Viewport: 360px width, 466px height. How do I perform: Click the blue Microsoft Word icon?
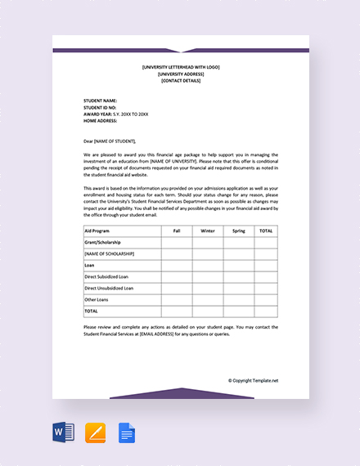click(64, 432)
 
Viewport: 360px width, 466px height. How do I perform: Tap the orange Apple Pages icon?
click(95, 432)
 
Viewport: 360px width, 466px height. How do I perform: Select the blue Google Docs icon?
click(126, 432)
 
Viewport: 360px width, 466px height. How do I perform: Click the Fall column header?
click(177, 231)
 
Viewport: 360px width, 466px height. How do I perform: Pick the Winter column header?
click(208, 231)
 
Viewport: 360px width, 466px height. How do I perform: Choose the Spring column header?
click(238, 231)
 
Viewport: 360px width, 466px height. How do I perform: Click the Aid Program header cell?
click(98, 231)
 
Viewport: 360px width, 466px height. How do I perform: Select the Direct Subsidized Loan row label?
click(107, 277)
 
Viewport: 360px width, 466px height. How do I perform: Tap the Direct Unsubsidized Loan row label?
click(110, 289)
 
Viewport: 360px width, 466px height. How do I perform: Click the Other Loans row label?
click(97, 299)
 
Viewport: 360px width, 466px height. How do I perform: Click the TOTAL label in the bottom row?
click(91, 311)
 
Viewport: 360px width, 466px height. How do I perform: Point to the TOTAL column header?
click(266, 231)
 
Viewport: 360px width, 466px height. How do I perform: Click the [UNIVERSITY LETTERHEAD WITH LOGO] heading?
click(181, 67)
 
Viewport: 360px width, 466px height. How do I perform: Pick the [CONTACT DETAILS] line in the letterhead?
click(181, 80)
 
